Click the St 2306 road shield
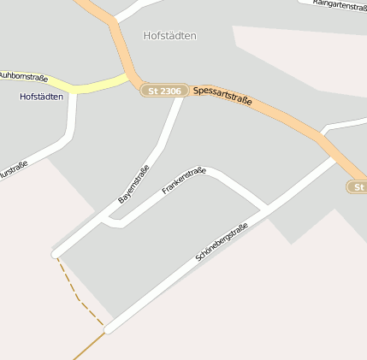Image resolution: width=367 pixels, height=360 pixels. pyautogui.click(x=164, y=90)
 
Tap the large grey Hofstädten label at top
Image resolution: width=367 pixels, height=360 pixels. pyautogui.click(x=170, y=36)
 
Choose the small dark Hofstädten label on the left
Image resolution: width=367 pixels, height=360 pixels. pyautogui.click(x=41, y=97)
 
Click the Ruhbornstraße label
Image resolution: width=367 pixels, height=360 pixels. pyautogui.click(x=23, y=76)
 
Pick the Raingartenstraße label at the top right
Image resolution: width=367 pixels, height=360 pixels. pyautogui.click(x=340, y=5)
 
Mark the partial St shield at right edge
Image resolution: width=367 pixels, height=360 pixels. pyautogui.click(x=358, y=186)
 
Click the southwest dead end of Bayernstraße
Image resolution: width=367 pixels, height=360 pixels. pyautogui.click(x=56, y=253)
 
